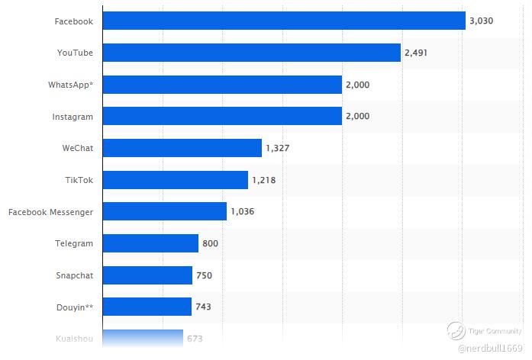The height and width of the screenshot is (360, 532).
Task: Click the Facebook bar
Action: click(x=283, y=21)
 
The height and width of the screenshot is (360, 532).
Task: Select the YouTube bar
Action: click(x=251, y=53)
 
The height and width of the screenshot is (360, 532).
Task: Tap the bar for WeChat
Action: click(x=182, y=148)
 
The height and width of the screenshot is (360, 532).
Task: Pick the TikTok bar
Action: click(x=175, y=180)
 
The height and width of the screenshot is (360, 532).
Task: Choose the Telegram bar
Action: click(x=150, y=243)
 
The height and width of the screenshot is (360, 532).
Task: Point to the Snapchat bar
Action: click(x=147, y=275)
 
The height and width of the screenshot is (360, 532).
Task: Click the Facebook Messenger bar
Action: click(x=164, y=211)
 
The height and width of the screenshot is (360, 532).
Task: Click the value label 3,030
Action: click(x=482, y=21)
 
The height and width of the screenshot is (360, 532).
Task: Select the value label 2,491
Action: click(x=417, y=53)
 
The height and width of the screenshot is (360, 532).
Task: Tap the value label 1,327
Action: click(x=278, y=148)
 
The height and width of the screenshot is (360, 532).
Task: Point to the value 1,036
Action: click(x=243, y=211)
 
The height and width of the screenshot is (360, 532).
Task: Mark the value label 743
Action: click(x=203, y=307)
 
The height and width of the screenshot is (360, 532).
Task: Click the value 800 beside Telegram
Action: click(x=210, y=243)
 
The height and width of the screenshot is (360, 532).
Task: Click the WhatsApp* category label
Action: click(x=70, y=85)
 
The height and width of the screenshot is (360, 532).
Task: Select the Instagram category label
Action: click(x=73, y=117)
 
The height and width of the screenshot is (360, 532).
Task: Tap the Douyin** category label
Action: click(x=74, y=307)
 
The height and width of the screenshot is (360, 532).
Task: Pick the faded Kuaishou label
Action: click(x=74, y=338)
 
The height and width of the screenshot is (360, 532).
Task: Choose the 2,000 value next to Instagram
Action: click(x=357, y=117)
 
